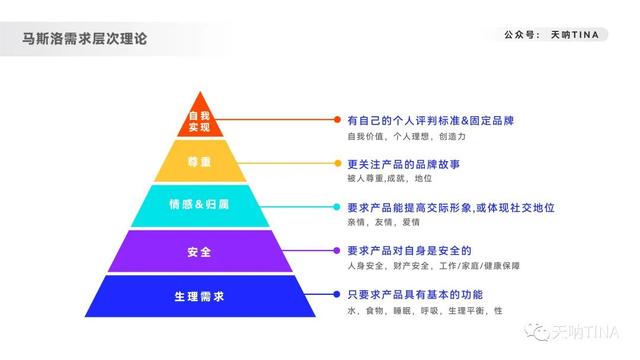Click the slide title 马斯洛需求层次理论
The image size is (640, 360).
pyautogui.click(x=85, y=40)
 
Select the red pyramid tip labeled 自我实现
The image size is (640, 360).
pyautogui.click(x=199, y=121)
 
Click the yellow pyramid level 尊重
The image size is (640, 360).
pyautogui.click(x=199, y=162)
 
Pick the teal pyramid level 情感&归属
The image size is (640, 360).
pyautogui.click(x=199, y=206)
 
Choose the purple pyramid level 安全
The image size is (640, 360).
pyautogui.click(x=199, y=251)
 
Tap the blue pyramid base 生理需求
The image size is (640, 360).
pyautogui.click(x=199, y=296)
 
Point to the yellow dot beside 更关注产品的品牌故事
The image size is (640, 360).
pyautogui.click(x=338, y=163)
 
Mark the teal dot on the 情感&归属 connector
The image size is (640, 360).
pyautogui.click(x=338, y=208)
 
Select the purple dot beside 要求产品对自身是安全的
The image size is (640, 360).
pyautogui.click(x=338, y=250)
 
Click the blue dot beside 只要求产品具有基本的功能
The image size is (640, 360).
pyautogui.click(x=338, y=295)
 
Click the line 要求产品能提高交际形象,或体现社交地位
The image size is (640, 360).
pyautogui.click(x=450, y=207)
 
